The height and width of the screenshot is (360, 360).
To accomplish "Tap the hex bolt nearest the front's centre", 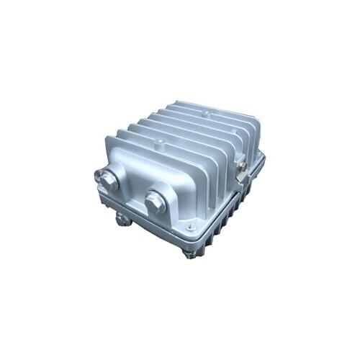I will coord(155,202).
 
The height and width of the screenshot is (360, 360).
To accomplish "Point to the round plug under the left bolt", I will coord(123,218).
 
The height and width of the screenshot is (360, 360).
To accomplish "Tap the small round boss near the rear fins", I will coord(206,114).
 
